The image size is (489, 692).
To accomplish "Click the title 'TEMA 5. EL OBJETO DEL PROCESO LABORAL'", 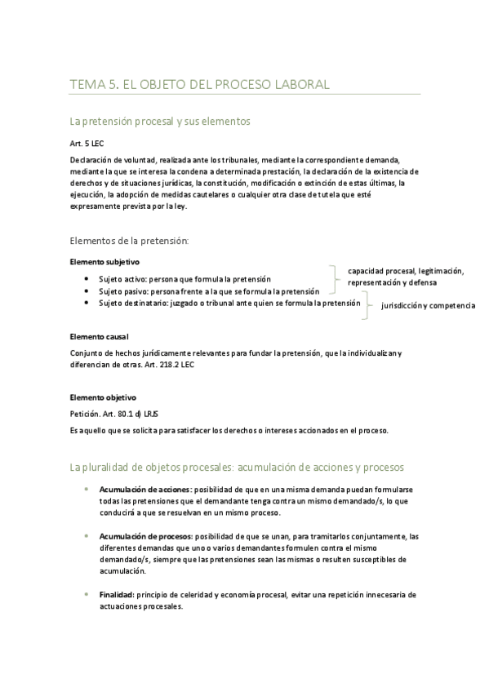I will coord(199,84).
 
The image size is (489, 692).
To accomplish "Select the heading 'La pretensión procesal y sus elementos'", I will coord(160,122).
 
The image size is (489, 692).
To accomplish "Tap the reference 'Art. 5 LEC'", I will coord(87,144).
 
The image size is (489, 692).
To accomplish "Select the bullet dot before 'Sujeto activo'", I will coord(87,279).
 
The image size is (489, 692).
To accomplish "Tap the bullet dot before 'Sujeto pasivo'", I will coord(87,291).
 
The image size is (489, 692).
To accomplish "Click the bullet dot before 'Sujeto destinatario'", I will coord(87,303).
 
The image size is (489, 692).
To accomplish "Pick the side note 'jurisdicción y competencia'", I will coord(429,305).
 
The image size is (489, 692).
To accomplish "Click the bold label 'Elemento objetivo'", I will coord(102,397).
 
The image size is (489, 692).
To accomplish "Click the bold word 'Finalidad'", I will coord(115,595).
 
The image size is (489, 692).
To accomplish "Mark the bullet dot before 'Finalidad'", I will coord(87,594).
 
